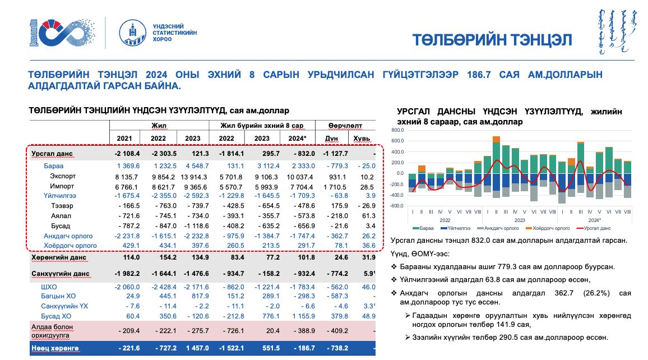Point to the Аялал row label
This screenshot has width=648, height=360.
click(x=60, y=216)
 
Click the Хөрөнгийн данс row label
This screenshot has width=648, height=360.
click(x=58, y=258)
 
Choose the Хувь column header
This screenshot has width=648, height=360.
click(x=359, y=138)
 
